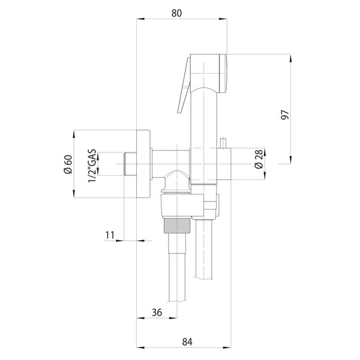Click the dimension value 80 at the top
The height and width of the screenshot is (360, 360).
click(176, 13)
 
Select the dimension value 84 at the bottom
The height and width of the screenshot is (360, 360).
click(187, 342)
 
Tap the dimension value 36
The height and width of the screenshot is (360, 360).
click(157, 312)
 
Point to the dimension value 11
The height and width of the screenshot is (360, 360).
click(110, 235)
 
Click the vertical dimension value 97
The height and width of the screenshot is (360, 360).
click(285, 115)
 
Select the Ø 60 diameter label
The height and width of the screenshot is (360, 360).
click(68, 164)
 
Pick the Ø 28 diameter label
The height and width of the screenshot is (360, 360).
click(259, 160)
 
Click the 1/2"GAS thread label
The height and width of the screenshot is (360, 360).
click(92, 166)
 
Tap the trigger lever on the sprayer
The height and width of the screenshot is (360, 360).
click(184, 85)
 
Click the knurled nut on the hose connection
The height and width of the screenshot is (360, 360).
click(177, 225)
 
